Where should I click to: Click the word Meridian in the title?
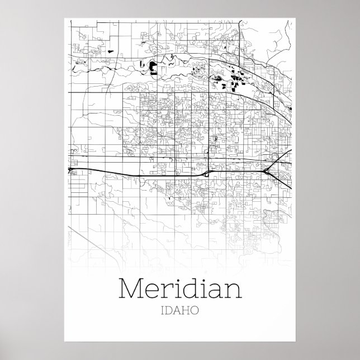(x=181, y=288)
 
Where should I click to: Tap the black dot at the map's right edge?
(x=292, y=108)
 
